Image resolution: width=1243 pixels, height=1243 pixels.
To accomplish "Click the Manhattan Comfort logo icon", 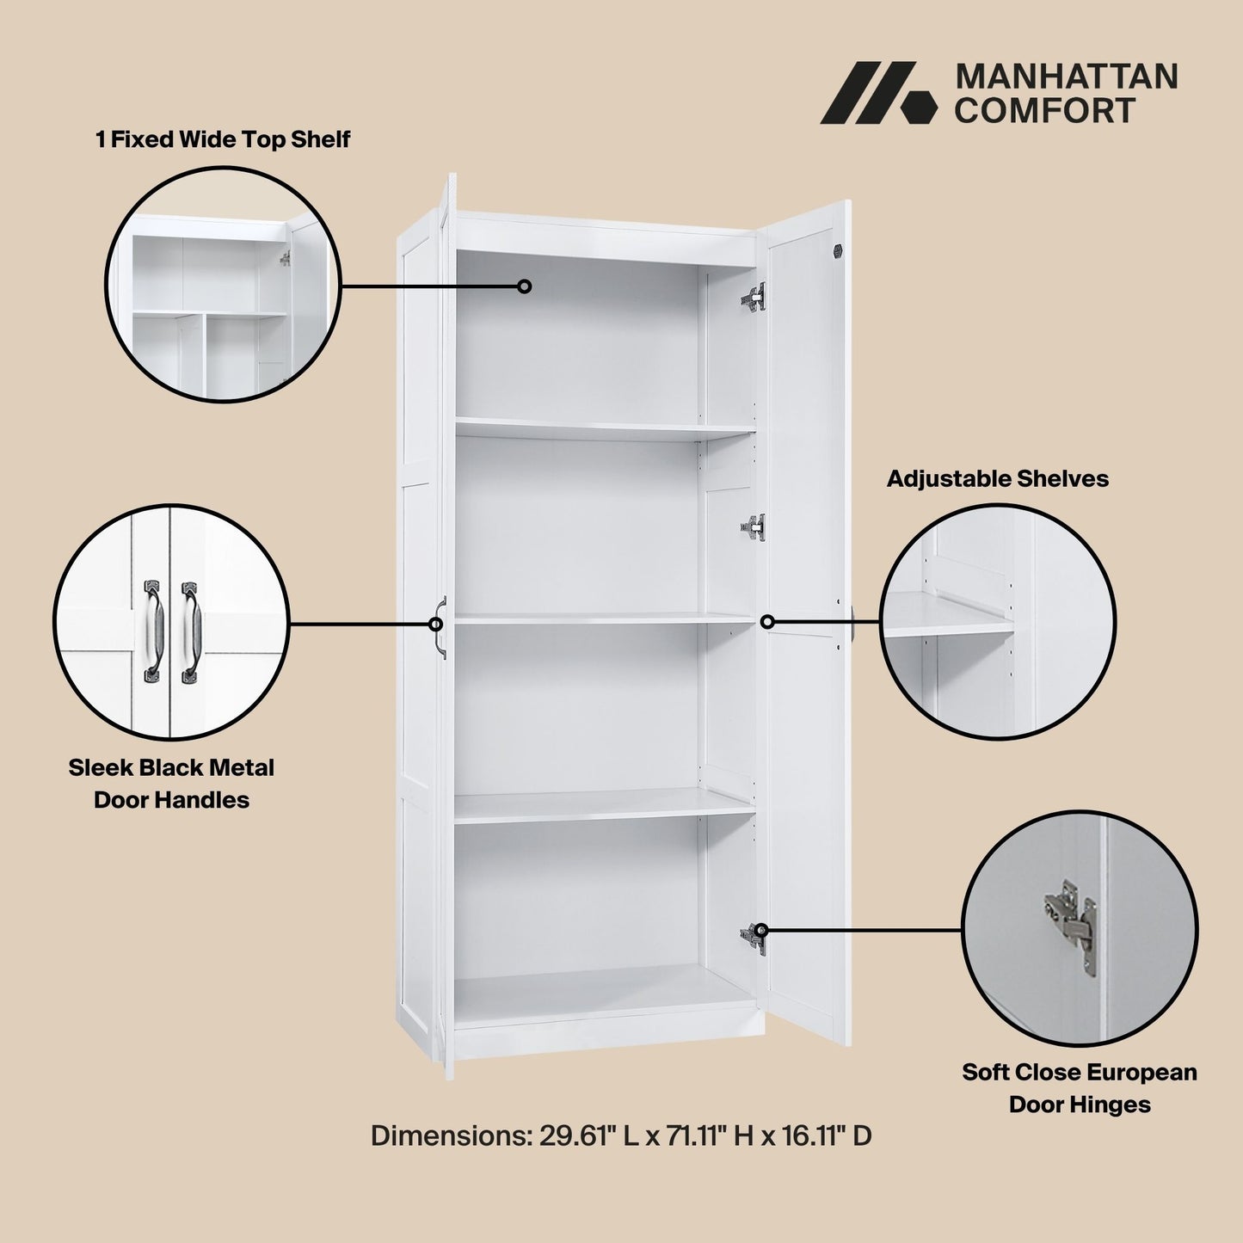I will (877, 93).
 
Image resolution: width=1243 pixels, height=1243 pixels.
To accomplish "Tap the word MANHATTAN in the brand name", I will (1067, 77).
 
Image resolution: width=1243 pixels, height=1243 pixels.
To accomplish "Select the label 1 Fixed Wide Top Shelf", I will (223, 139).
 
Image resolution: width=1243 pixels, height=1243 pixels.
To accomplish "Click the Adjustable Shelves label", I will (998, 479).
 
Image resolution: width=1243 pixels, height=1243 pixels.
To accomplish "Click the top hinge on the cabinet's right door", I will (754, 298).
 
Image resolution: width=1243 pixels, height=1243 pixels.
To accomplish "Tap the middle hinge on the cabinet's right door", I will (754, 527).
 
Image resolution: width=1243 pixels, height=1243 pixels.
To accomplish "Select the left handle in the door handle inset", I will (151, 631).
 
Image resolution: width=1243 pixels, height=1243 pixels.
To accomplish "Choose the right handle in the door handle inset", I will (190, 632).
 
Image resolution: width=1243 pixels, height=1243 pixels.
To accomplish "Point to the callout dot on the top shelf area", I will (524, 286).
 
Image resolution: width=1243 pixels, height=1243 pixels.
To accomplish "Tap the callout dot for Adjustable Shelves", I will (767, 622).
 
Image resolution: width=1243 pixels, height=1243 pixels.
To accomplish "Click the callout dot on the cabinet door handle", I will (436, 625).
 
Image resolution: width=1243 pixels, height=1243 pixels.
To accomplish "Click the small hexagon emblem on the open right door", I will (837, 250).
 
